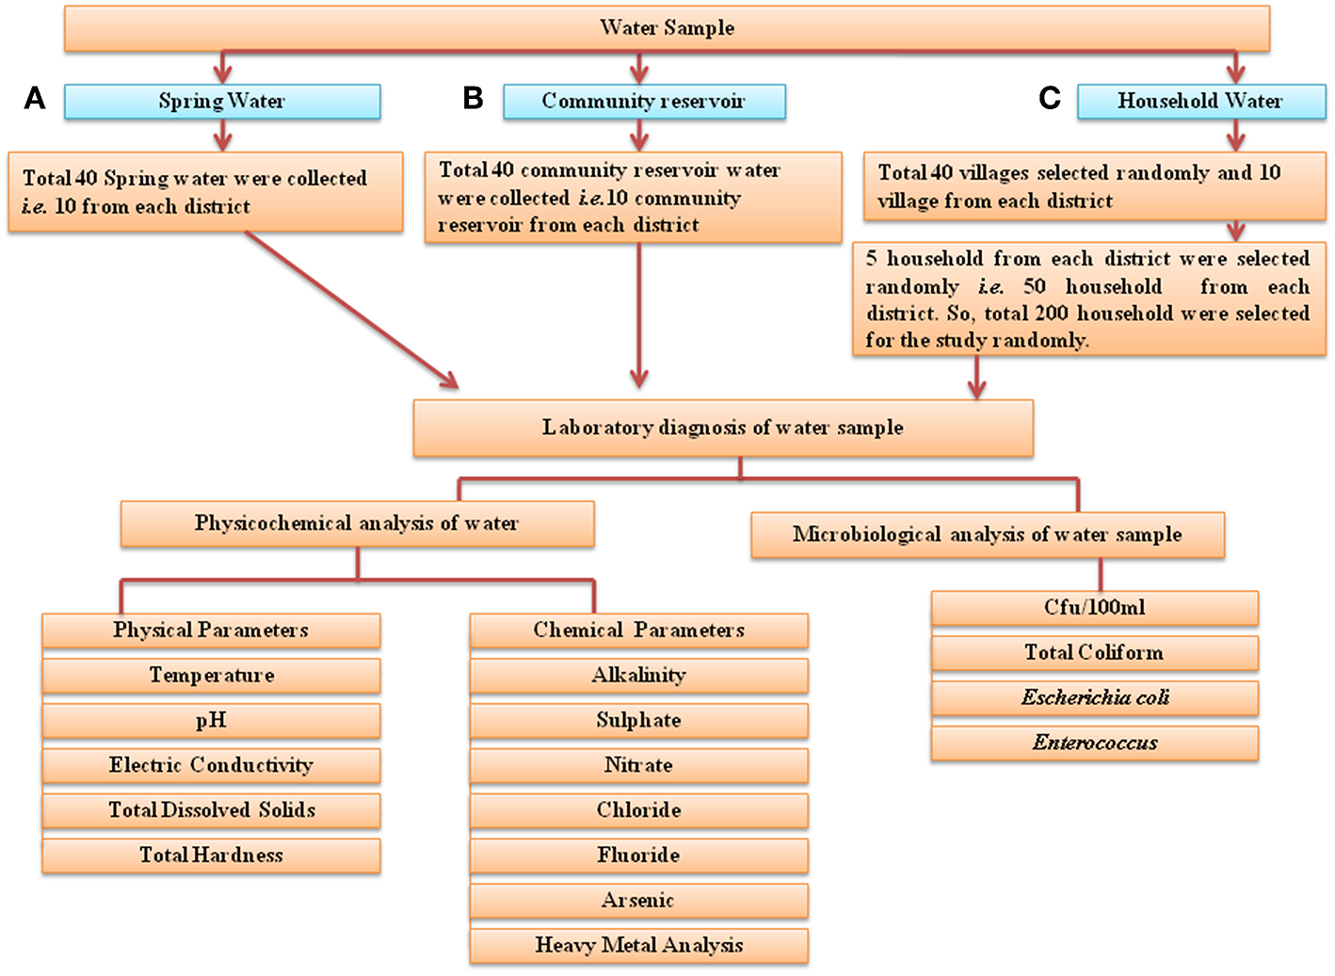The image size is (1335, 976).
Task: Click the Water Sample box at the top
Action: tap(667, 28)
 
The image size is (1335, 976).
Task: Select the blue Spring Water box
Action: tap(222, 102)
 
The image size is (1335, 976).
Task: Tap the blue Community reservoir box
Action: tap(644, 102)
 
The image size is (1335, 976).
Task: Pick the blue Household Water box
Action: tap(1200, 102)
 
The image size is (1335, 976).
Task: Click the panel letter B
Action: tap(473, 98)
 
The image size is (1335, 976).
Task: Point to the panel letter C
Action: tap(1049, 98)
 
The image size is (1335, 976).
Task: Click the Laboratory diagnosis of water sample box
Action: tap(722, 428)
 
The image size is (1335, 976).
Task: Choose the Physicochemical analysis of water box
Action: tap(357, 523)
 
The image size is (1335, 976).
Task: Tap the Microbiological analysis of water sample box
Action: tap(987, 536)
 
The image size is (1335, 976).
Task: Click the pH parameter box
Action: tap(211, 720)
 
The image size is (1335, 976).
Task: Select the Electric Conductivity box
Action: tap(211, 765)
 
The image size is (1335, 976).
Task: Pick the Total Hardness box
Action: tap(211, 856)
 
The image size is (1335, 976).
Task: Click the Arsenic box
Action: tap(638, 901)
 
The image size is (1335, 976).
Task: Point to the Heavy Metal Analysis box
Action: tap(638, 945)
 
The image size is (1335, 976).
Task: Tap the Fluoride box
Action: tap(638, 856)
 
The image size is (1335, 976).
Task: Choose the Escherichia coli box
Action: tap(1095, 697)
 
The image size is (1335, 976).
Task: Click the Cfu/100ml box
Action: tap(1095, 608)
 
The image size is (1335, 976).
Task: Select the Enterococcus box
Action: tap(1095, 743)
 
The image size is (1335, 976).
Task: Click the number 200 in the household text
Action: tap(1053, 313)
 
